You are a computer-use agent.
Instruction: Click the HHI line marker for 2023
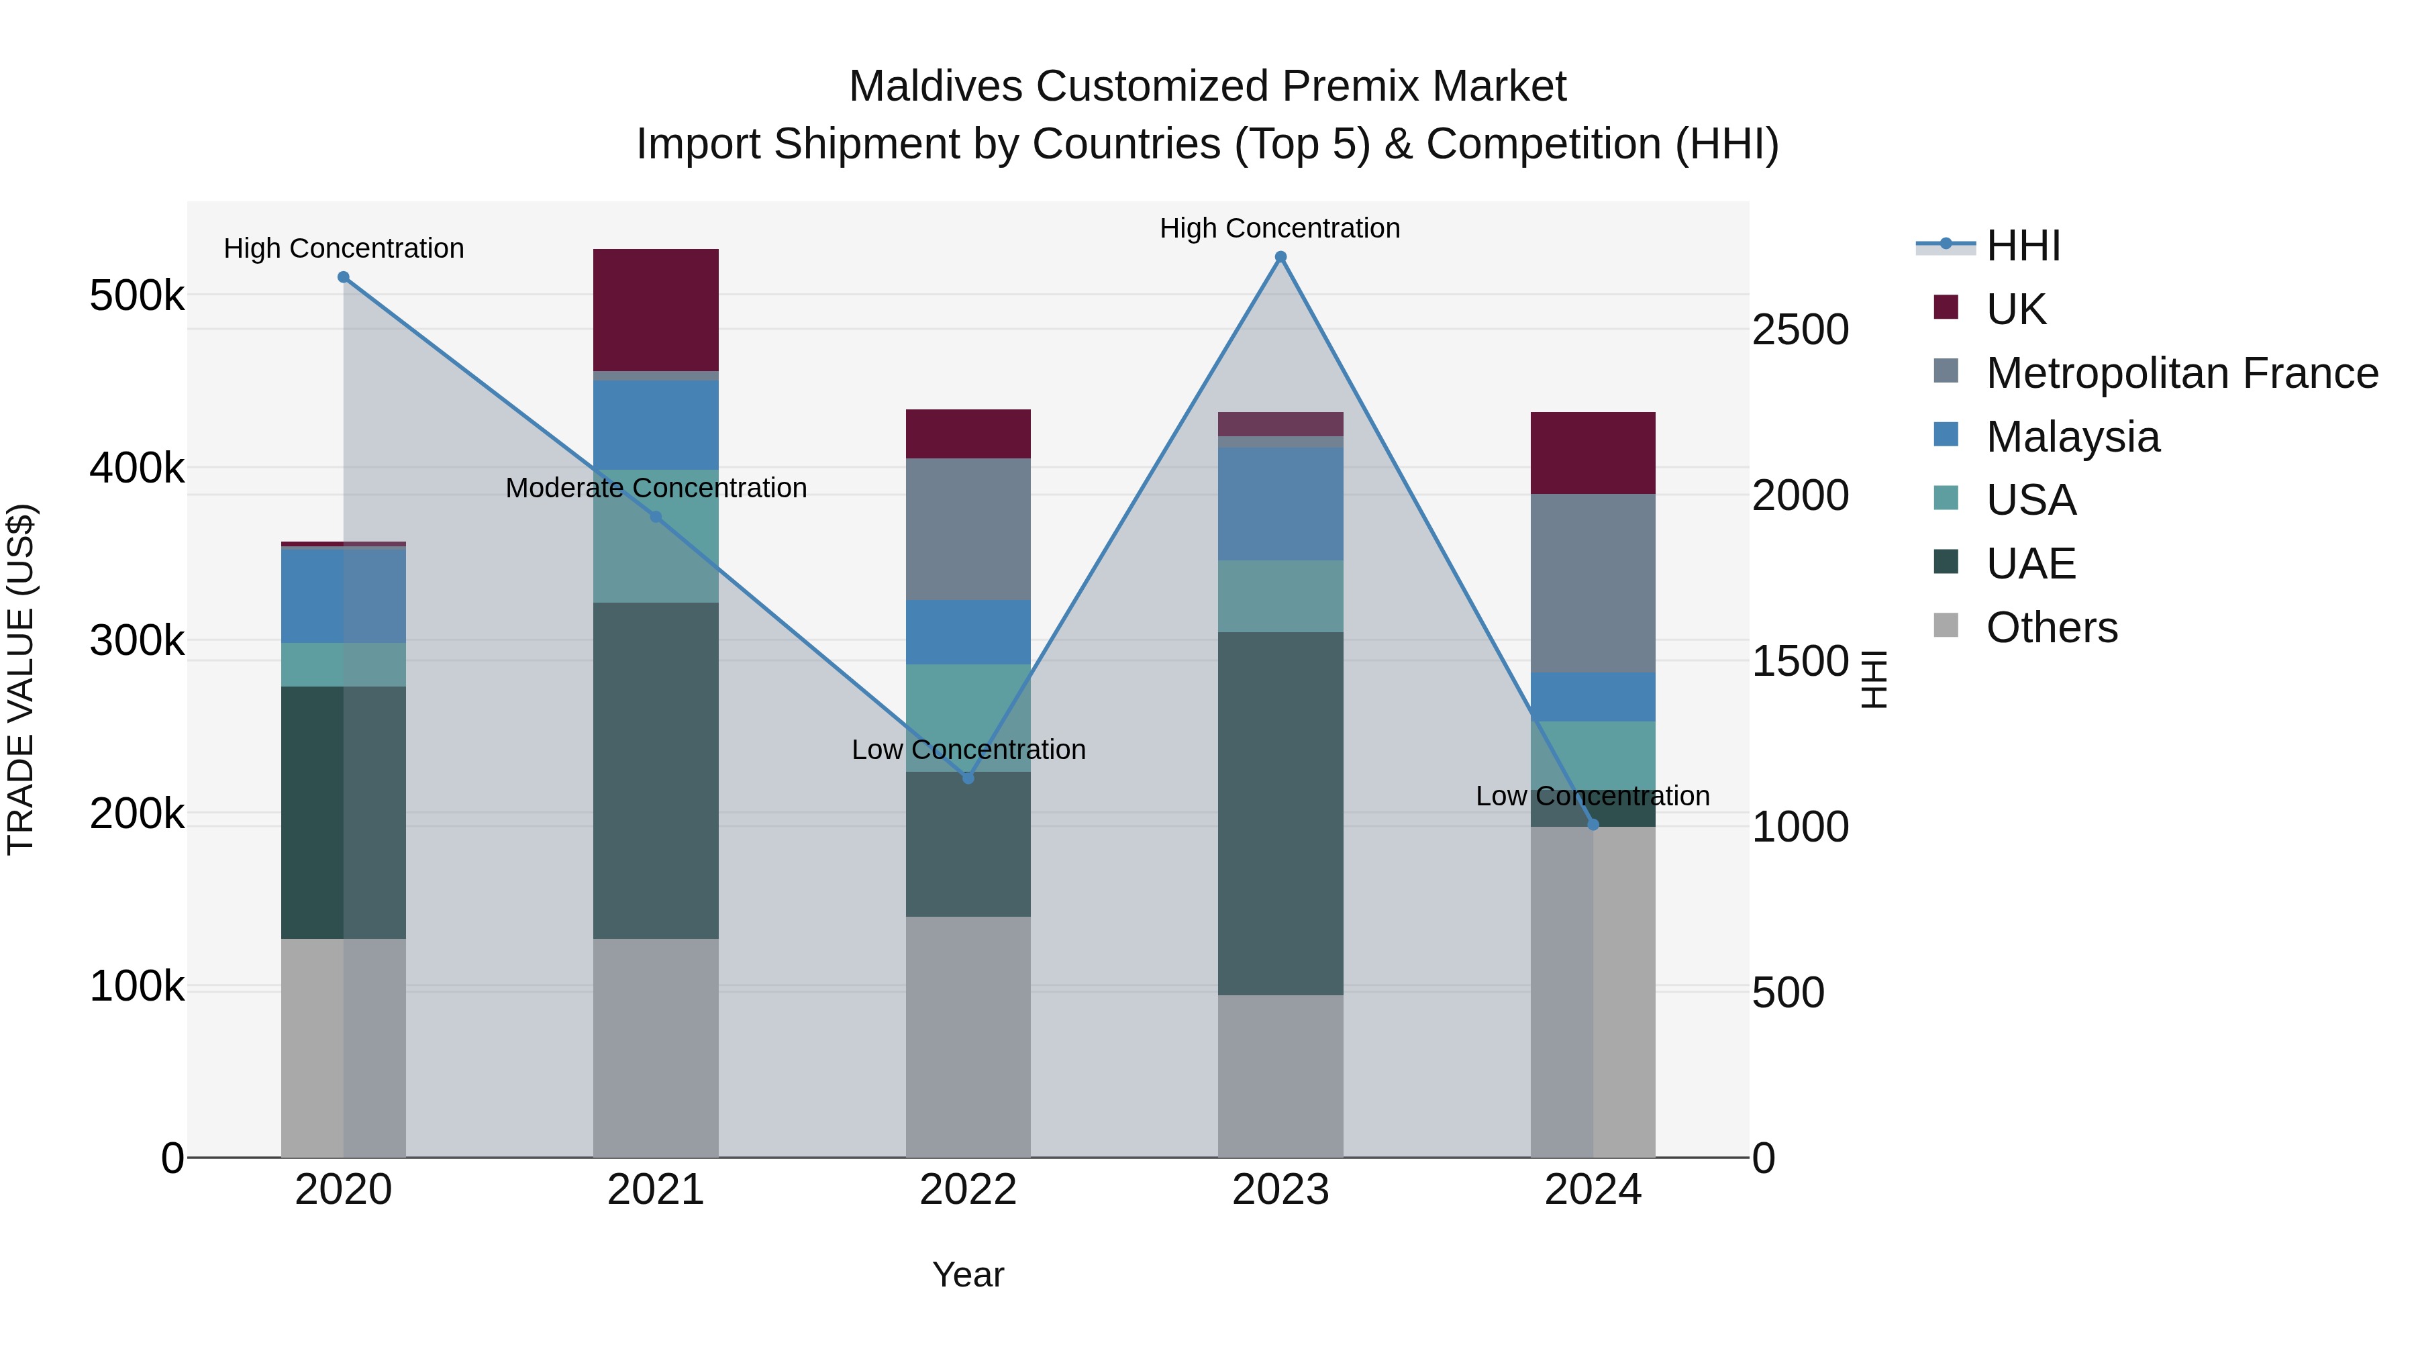tap(1280, 257)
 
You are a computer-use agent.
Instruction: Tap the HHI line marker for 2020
tap(343, 278)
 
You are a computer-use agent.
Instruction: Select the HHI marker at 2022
tap(968, 778)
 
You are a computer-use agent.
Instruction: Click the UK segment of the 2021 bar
tap(656, 309)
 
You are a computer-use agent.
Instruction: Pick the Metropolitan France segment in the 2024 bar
tap(1593, 583)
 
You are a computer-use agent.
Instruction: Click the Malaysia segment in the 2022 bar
tap(968, 632)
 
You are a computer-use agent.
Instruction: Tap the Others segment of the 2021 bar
tap(656, 1047)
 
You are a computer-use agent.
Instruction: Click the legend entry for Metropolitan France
tap(2182, 373)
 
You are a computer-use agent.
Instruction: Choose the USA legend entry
tap(2031, 500)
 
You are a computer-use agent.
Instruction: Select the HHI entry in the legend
tap(2023, 246)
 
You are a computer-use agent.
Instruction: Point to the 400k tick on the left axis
tap(137, 468)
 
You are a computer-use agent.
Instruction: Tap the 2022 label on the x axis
tap(968, 1190)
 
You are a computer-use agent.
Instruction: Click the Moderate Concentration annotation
tap(656, 488)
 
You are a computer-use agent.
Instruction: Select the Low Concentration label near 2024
tap(1592, 796)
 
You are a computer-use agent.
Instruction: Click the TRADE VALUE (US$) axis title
tap(21, 679)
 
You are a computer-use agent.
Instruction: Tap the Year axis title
tap(968, 1274)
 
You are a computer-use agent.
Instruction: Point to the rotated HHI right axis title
tap(1873, 679)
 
